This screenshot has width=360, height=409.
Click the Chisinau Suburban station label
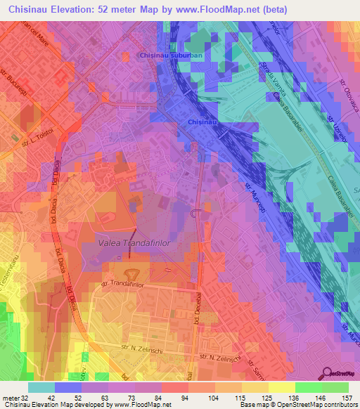click(172, 55)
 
